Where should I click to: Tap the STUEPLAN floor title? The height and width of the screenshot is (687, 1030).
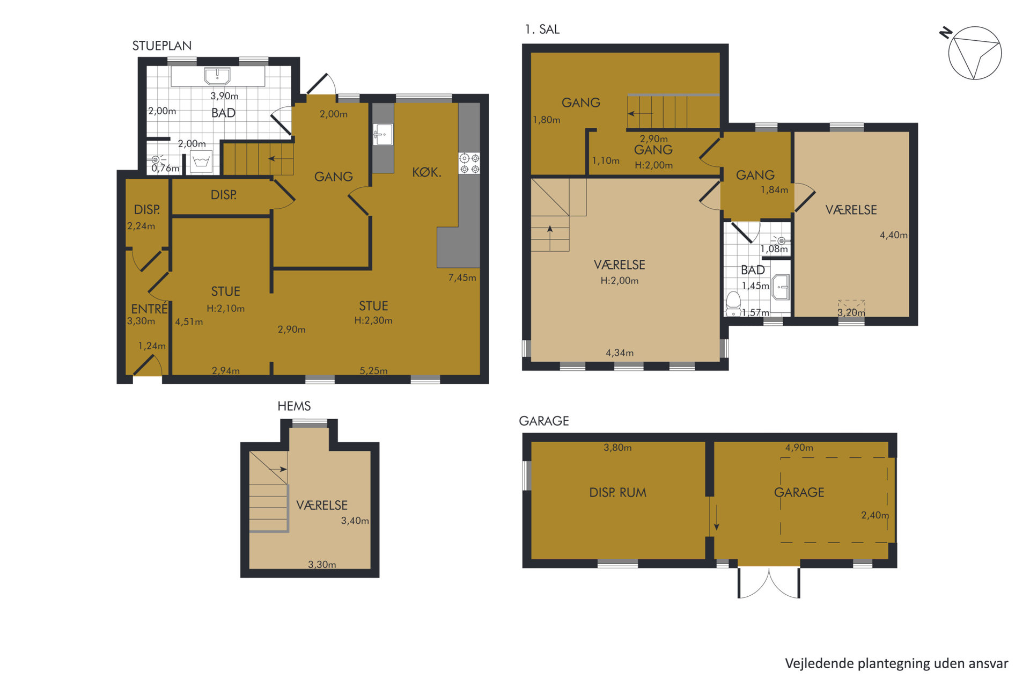pos(162,46)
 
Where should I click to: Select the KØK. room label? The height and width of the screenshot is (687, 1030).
pos(426,172)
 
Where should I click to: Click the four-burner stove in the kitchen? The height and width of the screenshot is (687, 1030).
pos(469,163)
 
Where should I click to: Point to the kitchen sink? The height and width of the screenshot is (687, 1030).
pos(383,134)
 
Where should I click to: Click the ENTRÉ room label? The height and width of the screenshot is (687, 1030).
pos(149,309)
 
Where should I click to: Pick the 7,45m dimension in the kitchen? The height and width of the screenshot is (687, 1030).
pos(462,277)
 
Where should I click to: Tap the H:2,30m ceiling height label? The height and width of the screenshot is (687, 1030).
pos(373,320)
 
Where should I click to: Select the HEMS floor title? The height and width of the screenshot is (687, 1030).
pos(294,406)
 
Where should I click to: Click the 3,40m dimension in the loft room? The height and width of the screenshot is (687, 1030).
pos(355,521)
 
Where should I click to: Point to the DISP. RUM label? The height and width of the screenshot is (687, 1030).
pos(617,492)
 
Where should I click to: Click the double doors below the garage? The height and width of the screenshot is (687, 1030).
pos(769,583)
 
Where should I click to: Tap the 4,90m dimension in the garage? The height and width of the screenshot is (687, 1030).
pos(799,448)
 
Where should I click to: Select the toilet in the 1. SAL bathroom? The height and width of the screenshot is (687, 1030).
pos(733,304)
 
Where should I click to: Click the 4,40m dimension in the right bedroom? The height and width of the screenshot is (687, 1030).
pos(893,235)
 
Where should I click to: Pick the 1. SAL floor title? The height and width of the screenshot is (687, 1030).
pos(542,30)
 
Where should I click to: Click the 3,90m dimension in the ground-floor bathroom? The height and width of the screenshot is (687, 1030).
pos(224,96)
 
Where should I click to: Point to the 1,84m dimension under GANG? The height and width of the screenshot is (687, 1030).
pos(774,190)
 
